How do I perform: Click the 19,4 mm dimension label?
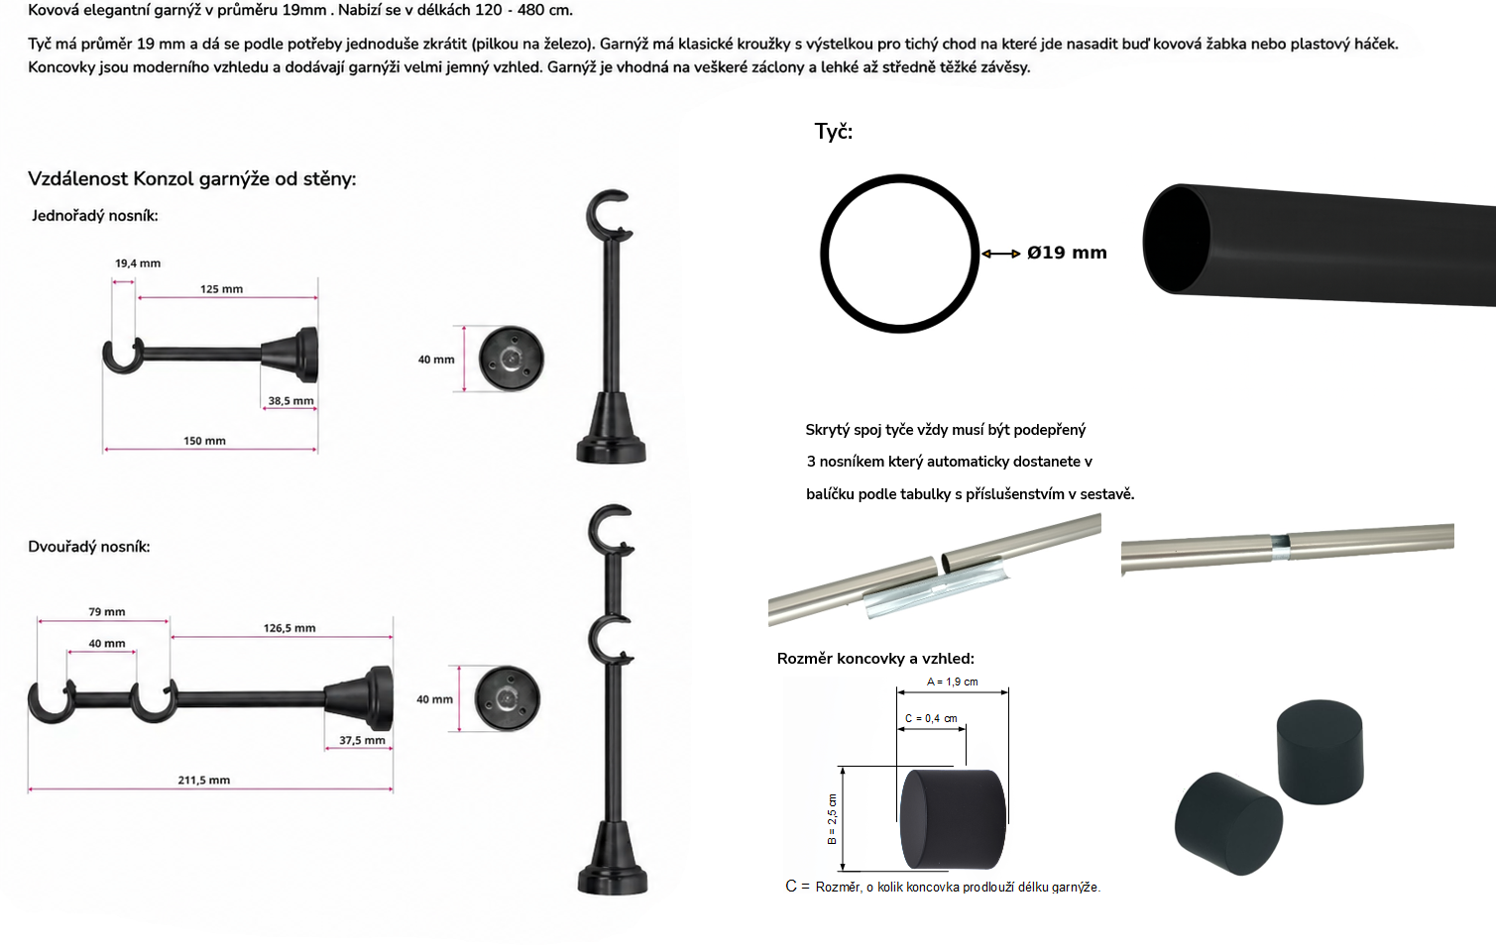(138, 262)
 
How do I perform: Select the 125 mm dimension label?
(222, 289)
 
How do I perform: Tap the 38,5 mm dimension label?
(291, 400)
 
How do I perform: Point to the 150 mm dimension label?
(205, 441)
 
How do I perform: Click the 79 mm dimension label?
(107, 611)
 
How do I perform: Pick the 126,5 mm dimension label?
(289, 628)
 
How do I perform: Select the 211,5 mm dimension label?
(203, 780)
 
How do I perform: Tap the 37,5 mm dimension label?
(362, 740)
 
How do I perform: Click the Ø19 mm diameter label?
(1068, 253)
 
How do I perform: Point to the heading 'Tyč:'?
(834, 132)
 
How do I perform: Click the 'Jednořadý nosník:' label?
(95, 216)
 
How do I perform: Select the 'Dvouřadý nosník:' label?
(89, 547)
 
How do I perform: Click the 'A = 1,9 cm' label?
(953, 682)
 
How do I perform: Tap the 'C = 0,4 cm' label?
(931, 718)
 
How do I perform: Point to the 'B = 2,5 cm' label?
(832, 819)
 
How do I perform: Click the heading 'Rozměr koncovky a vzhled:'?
(875, 659)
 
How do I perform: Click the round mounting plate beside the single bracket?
(512, 359)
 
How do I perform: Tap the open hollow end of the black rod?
(1177, 239)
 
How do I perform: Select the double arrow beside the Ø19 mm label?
(1000, 254)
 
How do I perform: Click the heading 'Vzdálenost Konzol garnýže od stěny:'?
(191, 179)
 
